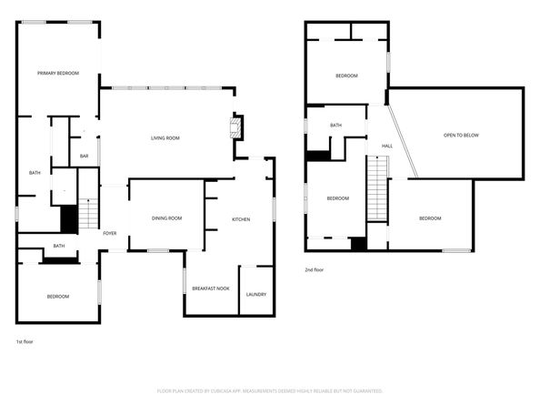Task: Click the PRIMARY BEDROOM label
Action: tap(58, 73)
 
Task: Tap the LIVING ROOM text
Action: tap(165, 137)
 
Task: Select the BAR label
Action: tap(84, 157)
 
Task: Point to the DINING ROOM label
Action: tap(167, 218)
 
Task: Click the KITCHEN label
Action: tap(241, 219)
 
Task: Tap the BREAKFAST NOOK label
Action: tap(210, 289)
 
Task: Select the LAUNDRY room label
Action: tap(255, 294)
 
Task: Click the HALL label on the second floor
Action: tap(386, 146)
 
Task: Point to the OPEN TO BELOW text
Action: tap(461, 135)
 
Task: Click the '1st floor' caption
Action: tap(25, 342)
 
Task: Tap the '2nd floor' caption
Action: tap(315, 269)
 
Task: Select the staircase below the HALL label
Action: tap(377, 186)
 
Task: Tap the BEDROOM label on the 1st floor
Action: tap(58, 296)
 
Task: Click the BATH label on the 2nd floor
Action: tap(335, 126)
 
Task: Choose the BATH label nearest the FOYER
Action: tap(58, 246)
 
